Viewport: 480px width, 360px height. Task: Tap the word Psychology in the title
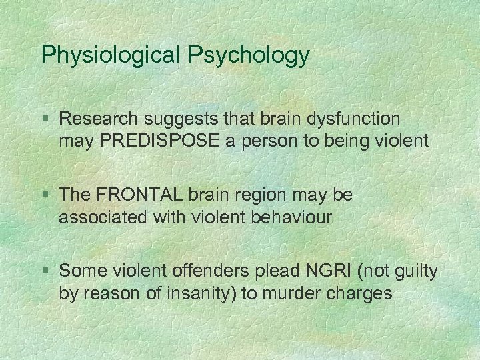tap(249, 55)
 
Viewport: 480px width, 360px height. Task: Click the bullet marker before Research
tap(45, 119)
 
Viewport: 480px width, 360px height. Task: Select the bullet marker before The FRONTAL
tap(45, 195)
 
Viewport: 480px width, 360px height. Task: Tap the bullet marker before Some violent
tap(45, 271)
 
